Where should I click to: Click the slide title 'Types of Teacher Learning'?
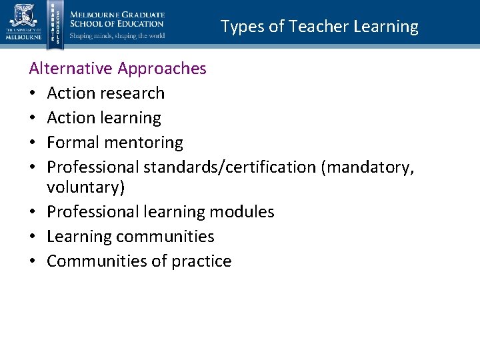click(x=319, y=27)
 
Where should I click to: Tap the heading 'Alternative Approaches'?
click(x=118, y=68)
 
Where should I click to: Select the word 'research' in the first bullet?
click(x=134, y=93)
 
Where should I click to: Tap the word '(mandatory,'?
click(x=367, y=167)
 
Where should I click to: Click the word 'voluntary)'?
click(x=86, y=187)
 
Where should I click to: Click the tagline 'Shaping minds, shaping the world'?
click(x=117, y=36)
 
